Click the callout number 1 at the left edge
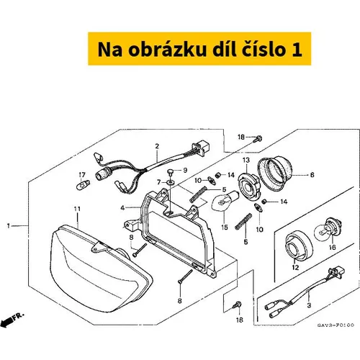9,226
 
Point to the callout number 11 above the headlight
77,210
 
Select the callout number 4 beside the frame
122,208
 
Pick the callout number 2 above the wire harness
157,146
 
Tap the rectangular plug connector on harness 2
201,148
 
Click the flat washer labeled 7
170,183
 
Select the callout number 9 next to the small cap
185,171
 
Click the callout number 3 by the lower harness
309,305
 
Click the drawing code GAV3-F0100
336,325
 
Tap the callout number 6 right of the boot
312,175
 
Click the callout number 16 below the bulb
333,247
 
